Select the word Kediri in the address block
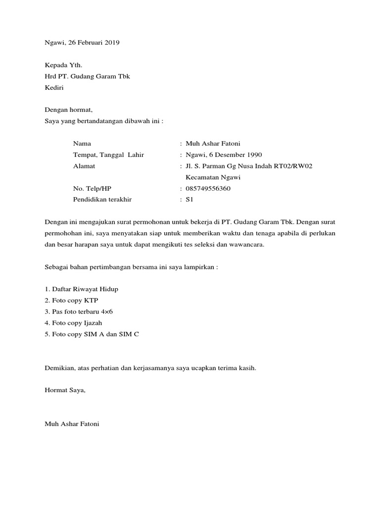point(54,88)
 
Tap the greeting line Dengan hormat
point(68,110)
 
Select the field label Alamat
point(84,166)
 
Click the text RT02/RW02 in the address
point(294,166)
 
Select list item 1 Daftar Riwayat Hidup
point(82,289)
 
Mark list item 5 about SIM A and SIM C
point(92,334)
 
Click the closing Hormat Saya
point(65,390)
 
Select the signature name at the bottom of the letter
point(72,424)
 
